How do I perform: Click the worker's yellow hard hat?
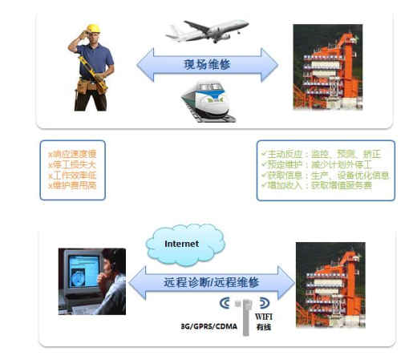point(93,28)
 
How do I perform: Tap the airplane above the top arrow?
point(207,30)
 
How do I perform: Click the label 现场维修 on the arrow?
point(207,64)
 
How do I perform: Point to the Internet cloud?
point(185,245)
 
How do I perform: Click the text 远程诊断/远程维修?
point(211,282)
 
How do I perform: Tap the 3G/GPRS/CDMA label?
point(209,326)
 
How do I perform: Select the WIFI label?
point(264,317)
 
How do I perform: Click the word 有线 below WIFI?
point(264,327)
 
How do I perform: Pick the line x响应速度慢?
point(72,154)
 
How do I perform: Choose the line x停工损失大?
point(72,164)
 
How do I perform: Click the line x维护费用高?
point(72,185)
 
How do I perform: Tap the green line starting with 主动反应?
point(321,154)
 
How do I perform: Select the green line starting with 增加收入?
point(317,185)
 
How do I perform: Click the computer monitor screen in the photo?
point(83,271)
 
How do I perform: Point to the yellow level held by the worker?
point(93,73)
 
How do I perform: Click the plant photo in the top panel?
point(328,67)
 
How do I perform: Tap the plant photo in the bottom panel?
point(330,285)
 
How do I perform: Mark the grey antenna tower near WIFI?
point(246,318)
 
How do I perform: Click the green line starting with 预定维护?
point(317,164)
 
